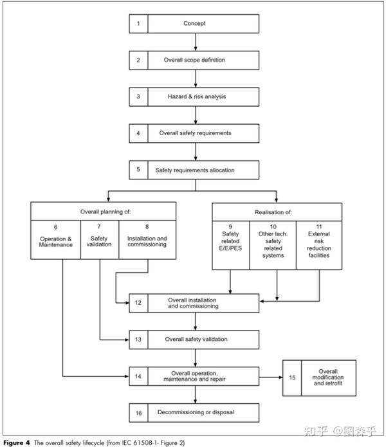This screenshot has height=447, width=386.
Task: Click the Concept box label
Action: pos(194,23)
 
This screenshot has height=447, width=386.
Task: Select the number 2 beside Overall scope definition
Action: pos(138,60)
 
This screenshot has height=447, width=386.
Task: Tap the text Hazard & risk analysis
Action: pos(197,96)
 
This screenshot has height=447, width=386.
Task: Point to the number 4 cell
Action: pos(138,133)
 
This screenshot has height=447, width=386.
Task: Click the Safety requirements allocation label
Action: pos(195,170)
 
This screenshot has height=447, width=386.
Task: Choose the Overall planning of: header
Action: pos(106,212)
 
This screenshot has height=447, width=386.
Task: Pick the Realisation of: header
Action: pos(273,212)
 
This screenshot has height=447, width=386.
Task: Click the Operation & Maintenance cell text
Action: pos(56,242)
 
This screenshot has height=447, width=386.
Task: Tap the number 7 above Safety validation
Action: pos(99,226)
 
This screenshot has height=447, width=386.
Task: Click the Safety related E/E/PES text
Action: pos(230,241)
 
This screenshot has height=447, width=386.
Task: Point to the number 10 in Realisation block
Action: pos(273,226)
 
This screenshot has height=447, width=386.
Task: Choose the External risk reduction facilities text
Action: pos(319,244)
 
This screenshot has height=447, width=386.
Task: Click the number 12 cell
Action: pos(138,303)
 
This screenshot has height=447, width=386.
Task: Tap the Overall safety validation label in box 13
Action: pos(196,339)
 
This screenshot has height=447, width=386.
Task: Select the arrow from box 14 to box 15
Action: pos(271,377)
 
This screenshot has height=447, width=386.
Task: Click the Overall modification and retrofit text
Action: pos(328,378)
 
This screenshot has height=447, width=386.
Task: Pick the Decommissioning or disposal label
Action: pos(196,412)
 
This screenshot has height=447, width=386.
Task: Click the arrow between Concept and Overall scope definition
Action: pos(196,42)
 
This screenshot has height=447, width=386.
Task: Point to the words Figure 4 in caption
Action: pos(17,442)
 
